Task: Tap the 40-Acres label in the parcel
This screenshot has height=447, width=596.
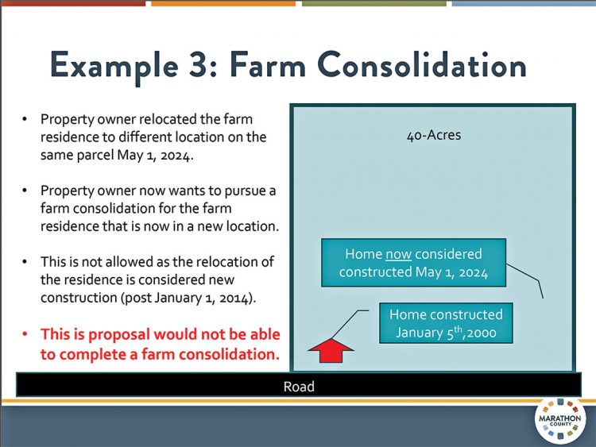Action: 433,135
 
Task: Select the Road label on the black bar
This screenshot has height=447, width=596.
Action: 299,387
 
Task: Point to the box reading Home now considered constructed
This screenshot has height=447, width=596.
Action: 412,263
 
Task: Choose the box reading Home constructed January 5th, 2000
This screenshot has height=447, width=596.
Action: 446,323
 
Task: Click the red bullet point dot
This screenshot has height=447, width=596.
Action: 25,334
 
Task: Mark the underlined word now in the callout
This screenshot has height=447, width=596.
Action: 397,254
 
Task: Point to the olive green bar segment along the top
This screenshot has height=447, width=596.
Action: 373,3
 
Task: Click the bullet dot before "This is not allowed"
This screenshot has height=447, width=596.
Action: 25,262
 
